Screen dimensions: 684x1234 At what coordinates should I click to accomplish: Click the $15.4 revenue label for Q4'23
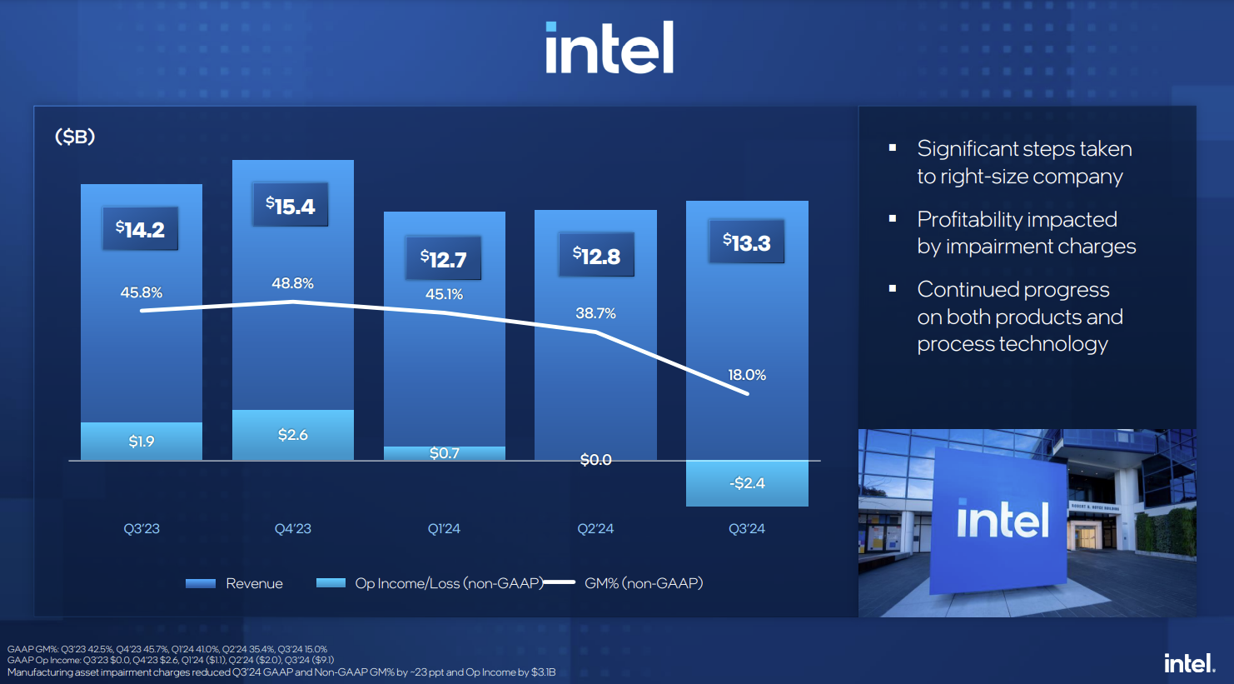pyautogui.click(x=291, y=206)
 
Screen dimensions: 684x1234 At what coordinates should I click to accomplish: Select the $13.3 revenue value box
pyautogui.click(x=746, y=242)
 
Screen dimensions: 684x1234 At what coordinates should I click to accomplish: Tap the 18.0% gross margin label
pyautogui.click(x=747, y=375)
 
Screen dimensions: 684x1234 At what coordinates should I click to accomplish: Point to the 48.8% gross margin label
pyautogui.click(x=292, y=283)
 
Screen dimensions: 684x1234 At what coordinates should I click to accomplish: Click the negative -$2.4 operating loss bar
pyautogui.click(x=747, y=483)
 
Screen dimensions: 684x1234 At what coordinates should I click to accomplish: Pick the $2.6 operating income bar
pyautogui.click(x=292, y=434)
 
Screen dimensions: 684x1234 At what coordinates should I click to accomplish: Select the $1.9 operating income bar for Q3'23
pyautogui.click(x=142, y=441)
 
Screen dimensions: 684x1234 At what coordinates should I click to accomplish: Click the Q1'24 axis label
pyautogui.click(x=444, y=528)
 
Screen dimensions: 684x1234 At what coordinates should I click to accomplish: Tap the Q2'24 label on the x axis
pyautogui.click(x=595, y=528)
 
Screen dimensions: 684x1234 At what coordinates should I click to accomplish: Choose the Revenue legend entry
pyautogui.click(x=235, y=583)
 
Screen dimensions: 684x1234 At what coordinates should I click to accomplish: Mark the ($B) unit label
pyautogui.click(x=75, y=137)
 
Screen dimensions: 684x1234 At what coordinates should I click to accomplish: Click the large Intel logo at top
pyautogui.click(x=610, y=48)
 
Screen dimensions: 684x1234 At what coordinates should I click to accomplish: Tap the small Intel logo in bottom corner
pyautogui.click(x=1189, y=663)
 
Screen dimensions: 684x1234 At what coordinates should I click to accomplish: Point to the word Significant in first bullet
pyautogui.click(x=968, y=148)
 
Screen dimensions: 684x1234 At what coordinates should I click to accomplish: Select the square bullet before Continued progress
pyautogui.click(x=893, y=289)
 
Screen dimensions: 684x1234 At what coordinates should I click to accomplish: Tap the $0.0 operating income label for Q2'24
pyautogui.click(x=595, y=460)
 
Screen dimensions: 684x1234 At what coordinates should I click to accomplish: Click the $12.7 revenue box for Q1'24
pyautogui.click(x=443, y=259)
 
